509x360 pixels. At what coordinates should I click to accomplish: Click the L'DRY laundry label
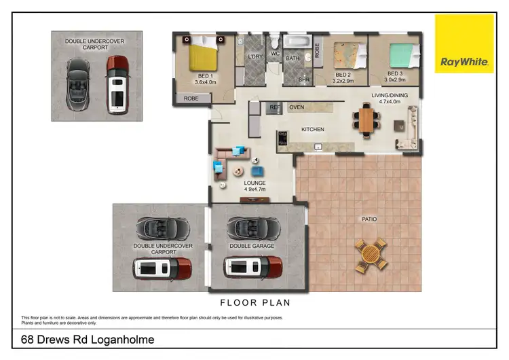coord(256,56)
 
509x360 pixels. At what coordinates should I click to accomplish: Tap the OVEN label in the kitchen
coord(297,107)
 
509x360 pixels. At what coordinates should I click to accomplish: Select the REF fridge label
coord(275,107)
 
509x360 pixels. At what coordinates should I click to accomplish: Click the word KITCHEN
coord(313,129)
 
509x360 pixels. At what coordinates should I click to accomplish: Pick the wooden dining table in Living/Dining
coord(366,120)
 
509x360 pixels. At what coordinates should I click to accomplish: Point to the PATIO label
coord(369,219)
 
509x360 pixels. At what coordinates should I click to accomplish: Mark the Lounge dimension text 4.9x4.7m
coord(255,190)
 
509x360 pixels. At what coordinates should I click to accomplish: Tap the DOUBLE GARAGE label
coord(252,246)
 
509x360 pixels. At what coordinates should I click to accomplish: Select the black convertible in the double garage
coord(245,226)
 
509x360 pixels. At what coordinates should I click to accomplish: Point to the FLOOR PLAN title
coord(254,303)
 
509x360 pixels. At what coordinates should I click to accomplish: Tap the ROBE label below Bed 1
coord(191,99)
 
